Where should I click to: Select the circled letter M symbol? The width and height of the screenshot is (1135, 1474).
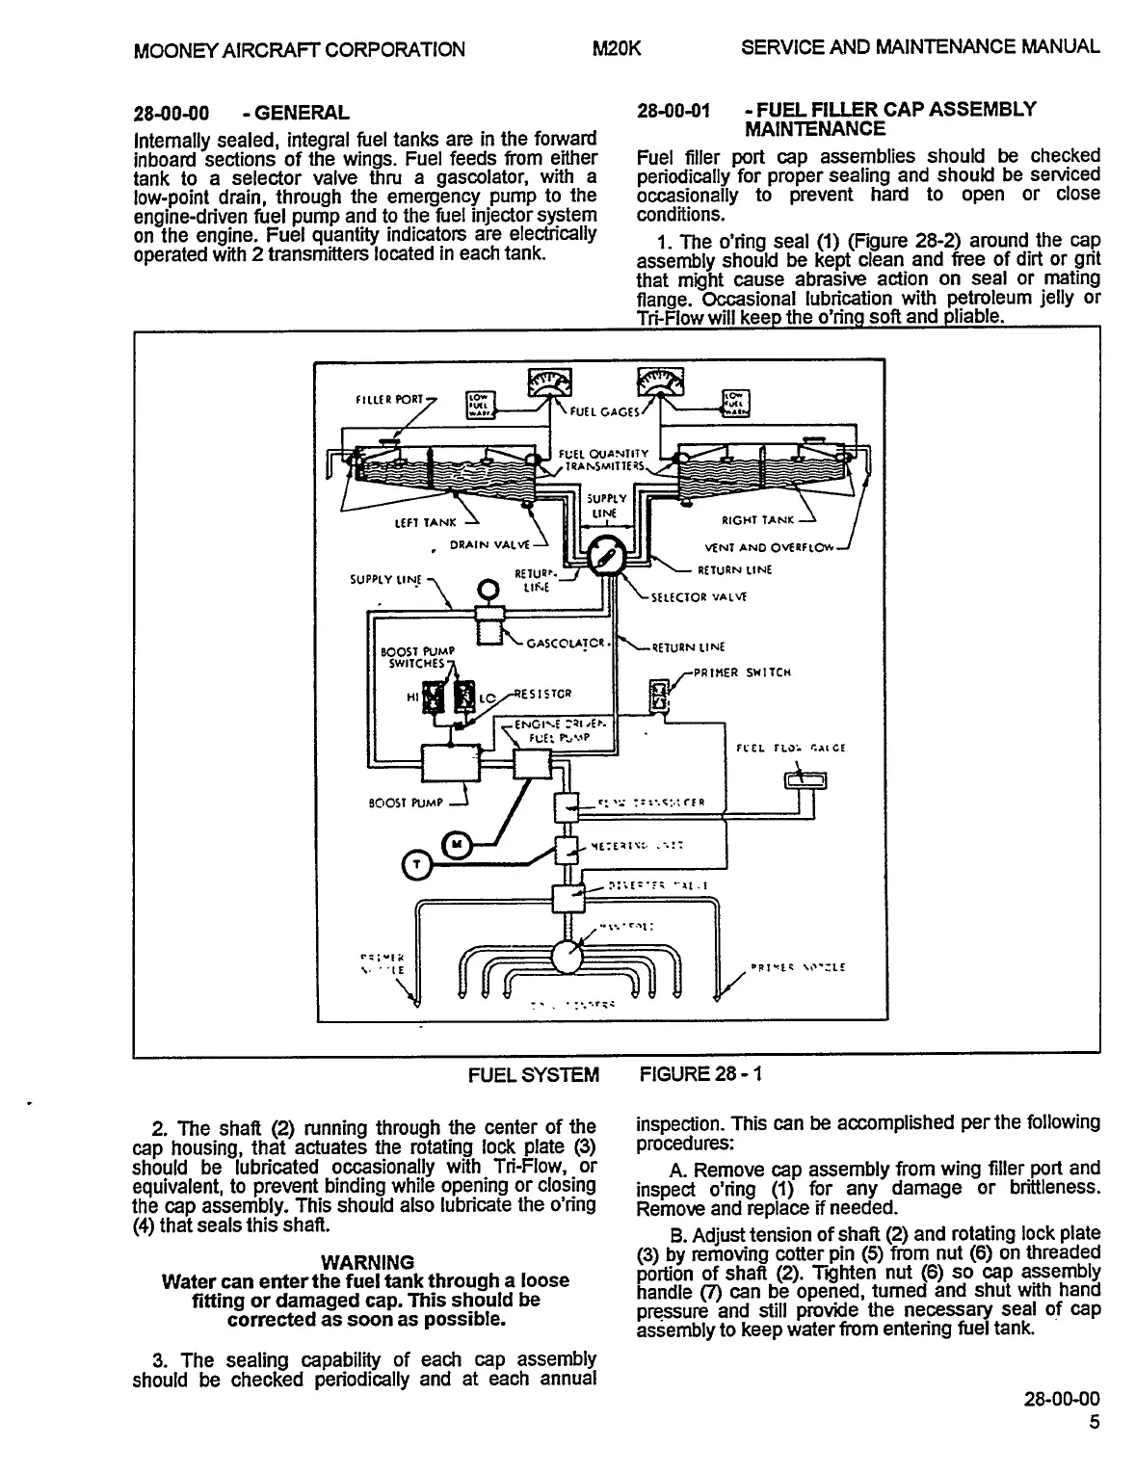click(x=457, y=844)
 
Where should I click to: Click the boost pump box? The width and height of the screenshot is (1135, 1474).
click(x=451, y=766)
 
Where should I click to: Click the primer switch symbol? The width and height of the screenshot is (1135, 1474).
click(x=661, y=696)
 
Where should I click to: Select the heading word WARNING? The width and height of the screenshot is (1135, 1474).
click(x=367, y=1262)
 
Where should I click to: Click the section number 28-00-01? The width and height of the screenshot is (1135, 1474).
click(x=673, y=111)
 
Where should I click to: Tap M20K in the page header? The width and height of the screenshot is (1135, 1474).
click(x=619, y=48)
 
